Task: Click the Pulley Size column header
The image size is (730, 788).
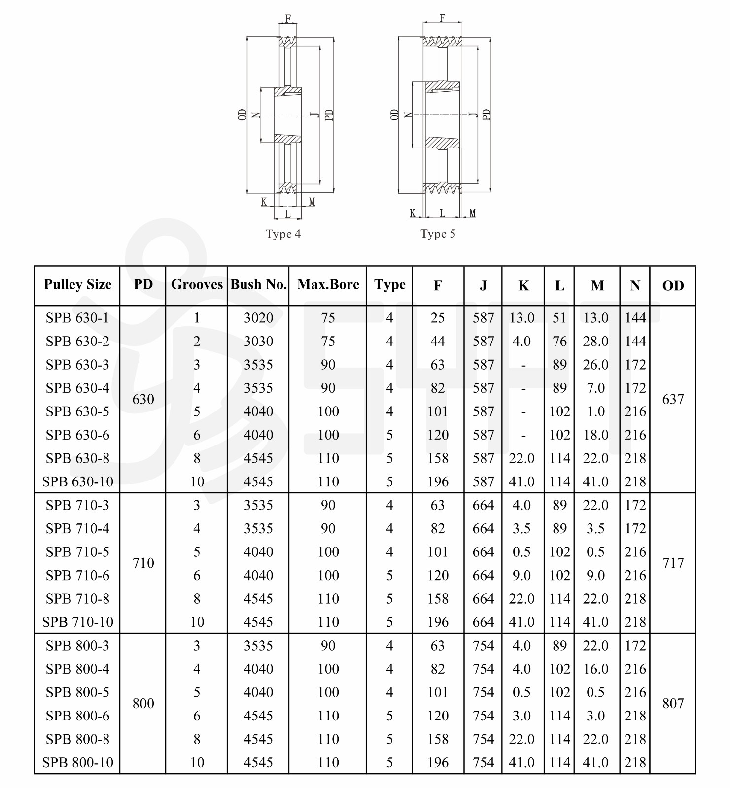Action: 77,285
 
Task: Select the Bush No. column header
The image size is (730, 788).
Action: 258,285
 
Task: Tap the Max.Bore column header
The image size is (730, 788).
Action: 328,285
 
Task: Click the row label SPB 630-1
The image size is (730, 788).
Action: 77,318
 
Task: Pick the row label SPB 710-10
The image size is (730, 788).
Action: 77,622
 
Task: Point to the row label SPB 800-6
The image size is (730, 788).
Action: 77,716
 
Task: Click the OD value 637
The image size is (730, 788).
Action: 673,399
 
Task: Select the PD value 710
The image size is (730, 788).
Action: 143,563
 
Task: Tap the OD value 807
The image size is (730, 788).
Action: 673,704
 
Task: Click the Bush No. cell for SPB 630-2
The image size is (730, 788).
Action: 258,342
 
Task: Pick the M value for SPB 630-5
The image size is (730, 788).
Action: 596,411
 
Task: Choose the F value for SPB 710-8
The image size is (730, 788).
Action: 438,599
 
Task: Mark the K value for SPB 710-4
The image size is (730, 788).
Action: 521,529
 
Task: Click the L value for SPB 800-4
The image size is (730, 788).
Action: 559,669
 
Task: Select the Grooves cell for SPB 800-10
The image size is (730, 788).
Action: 197,763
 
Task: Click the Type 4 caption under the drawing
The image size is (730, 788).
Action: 283,234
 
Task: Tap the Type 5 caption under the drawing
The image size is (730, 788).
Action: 438,234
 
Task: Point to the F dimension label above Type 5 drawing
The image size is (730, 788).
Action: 442,18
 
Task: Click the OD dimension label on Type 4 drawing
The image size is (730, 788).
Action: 242,115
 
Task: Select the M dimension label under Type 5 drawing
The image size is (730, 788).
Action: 472,213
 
